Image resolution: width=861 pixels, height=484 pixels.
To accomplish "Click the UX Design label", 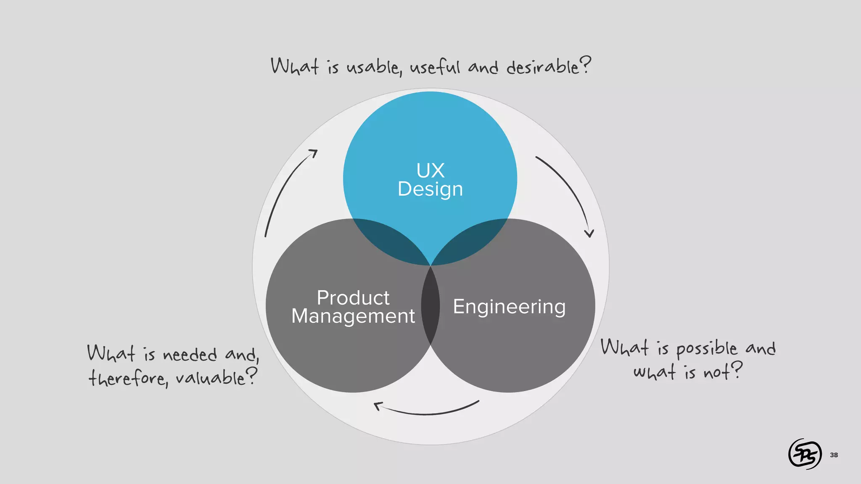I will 430,180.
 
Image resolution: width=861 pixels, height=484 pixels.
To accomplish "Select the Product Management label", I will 353,307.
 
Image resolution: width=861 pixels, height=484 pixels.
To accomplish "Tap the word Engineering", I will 509,306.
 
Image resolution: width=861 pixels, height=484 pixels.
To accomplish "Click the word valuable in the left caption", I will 210,377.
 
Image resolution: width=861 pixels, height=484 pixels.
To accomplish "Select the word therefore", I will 128,377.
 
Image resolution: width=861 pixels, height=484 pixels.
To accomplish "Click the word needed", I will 190,355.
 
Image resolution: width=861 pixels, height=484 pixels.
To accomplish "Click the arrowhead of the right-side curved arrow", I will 589,234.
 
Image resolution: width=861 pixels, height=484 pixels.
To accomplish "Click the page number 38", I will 834,455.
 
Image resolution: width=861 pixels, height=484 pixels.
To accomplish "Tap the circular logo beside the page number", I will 805,454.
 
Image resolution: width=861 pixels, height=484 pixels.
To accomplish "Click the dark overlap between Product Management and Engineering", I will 430,306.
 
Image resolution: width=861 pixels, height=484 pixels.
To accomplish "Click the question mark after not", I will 736,370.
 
